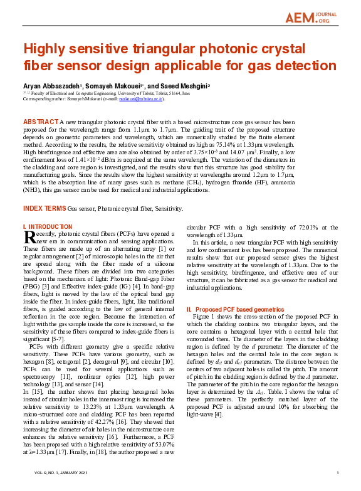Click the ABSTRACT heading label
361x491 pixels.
(x=40, y=120)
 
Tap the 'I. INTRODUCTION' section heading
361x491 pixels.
(x=48, y=226)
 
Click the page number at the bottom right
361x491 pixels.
(x=337, y=473)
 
